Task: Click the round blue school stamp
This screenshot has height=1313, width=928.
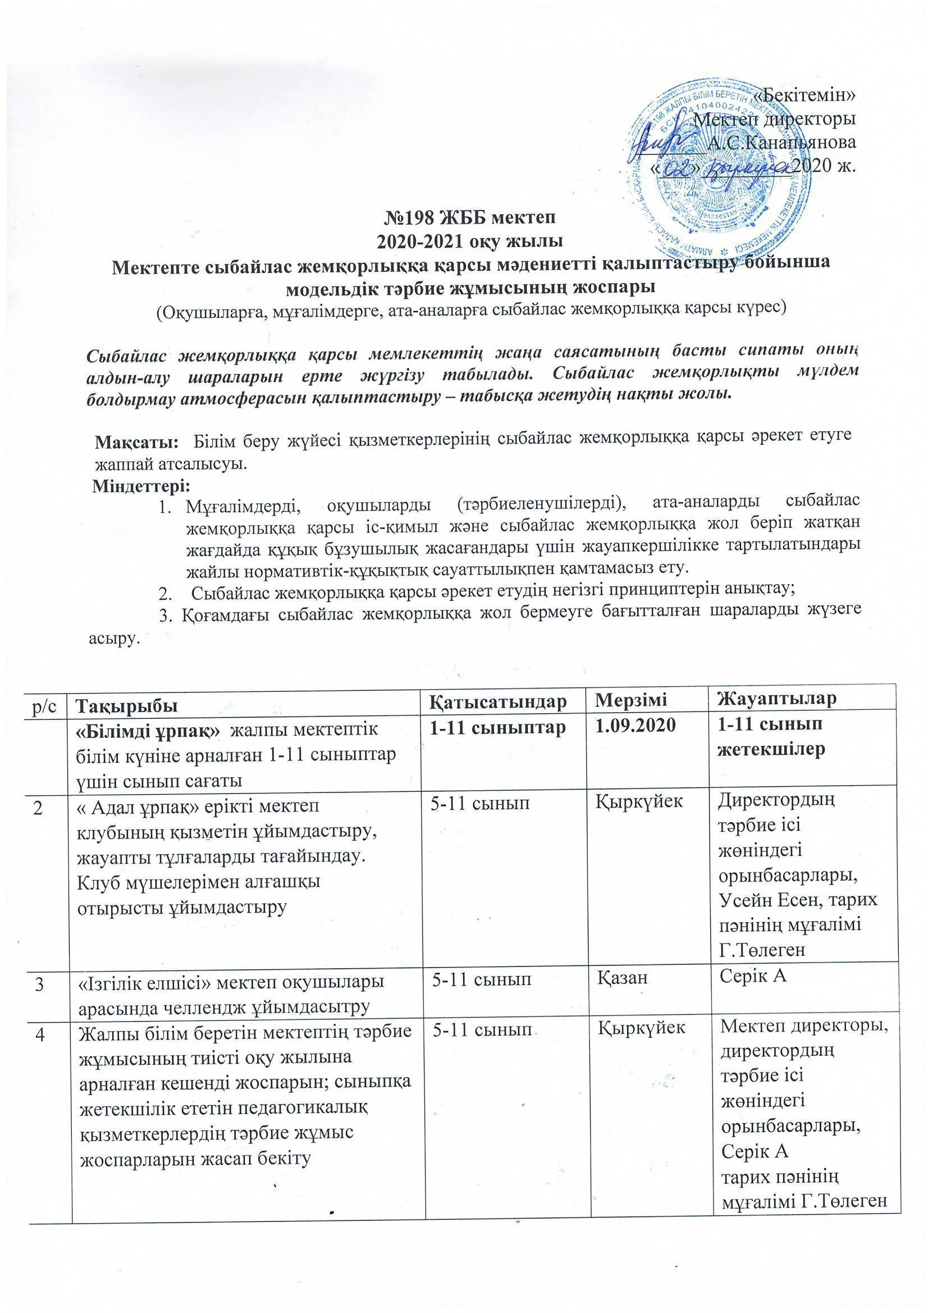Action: coord(717,171)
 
